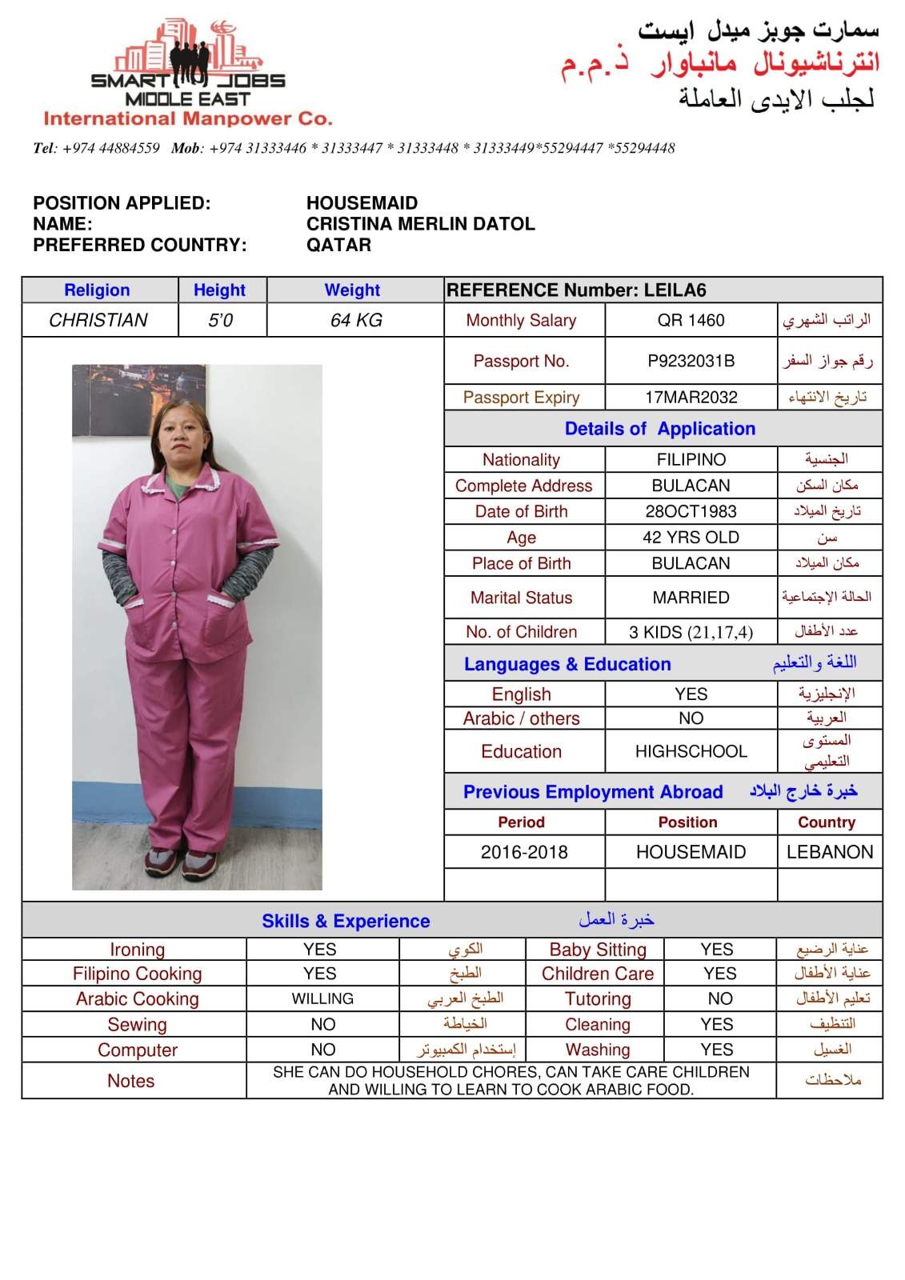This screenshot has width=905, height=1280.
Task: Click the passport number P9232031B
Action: pyautogui.click(x=691, y=361)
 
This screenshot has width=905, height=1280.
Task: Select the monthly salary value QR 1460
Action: pyautogui.click(x=691, y=320)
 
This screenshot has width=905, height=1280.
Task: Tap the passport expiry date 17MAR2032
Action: pyautogui.click(x=691, y=397)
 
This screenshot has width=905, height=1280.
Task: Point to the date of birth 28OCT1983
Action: pyautogui.click(x=691, y=511)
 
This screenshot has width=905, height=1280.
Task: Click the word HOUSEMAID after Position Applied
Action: pyautogui.click(x=362, y=203)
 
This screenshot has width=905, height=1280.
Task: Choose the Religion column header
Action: pyautogui.click(x=97, y=290)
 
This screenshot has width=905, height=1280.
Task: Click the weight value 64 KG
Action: pyautogui.click(x=356, y=320)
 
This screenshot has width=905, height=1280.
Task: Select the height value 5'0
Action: pyautogui.click(x=220, y=320)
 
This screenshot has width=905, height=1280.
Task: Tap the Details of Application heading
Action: pyautogui.click(x=659, y=428)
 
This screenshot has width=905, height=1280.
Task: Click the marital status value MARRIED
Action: pyautogui.click(x=691, y=598)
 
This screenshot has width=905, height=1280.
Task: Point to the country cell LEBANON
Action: pyautogui.click(x=830, y=852)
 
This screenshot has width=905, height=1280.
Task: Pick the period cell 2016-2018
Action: pyautogui.click(x=524, y=852)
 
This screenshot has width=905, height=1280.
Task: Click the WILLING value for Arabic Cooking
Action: pyautogui.click(x=322, y=998)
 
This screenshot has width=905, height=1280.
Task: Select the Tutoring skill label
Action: pyautogui.click(x=598, y=998)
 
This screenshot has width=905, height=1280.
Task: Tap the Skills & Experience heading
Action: pyautogui.click(x=346, y=921)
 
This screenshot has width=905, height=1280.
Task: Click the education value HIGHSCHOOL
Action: pyautogui.click(x=691, y=751)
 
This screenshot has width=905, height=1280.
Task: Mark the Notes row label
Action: pyautogui.click(x=130, y=1081)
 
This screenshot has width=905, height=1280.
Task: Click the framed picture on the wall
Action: pyautogui.click(x=138, y=400)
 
